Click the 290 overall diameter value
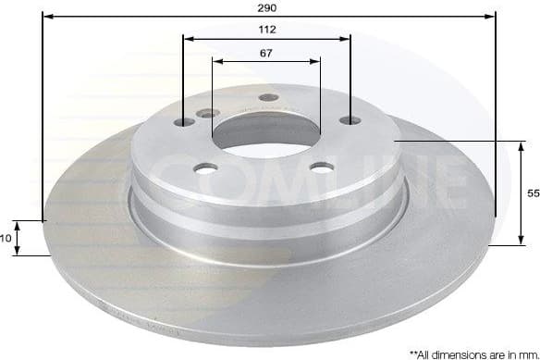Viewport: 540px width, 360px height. [x=268, y=7]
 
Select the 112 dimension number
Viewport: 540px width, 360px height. [x=267, y=29]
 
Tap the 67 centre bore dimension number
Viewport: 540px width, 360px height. [x=266, y=53]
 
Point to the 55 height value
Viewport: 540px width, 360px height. [x=532, y=194]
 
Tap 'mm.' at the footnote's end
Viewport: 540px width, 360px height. [x=524, y=353]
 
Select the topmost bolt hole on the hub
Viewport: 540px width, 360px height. [x=268, y=98]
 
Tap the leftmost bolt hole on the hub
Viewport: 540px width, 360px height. [x=184, y=122]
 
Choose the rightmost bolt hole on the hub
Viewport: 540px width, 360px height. [x=350, y=120]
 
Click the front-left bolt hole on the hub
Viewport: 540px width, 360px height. [x=206, y=168]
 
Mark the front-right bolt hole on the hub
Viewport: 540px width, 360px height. [x=322, y=167]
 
